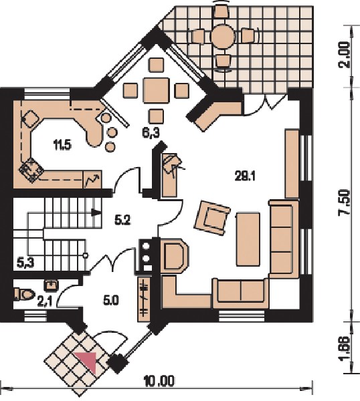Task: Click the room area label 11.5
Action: pyautogui.click(x=62, y=146)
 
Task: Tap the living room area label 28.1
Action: pyautogui.click(x=245, y=176)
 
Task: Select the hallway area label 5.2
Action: pyautogui.click(x=123, y=220)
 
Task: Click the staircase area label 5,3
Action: pyautogui.click(x=25, y=263)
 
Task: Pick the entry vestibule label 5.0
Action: pyautogui.click(x=111, y=301)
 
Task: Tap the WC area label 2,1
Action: pyautogui.click(x=45, y=302)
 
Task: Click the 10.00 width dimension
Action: pyautogui.click(x=159, y=381)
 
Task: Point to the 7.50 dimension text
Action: pyautogui.click(x=344, y=202)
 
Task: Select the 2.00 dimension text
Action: pyautogui.click(x=344, y=55)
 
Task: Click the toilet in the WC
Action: pyautogui.click(x=24, y=294)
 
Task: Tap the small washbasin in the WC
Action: pyautogui.click(x=52, y=285)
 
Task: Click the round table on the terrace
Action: pyautogui.click(x=223, y=36)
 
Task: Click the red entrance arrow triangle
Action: pyautogui.click(x=88, y=360)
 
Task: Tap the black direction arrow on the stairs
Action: pyautogui.click(x=96, y=213)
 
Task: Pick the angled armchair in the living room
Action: pyautogui.click(x=212, y=218)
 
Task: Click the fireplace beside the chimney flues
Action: pyautogui.click(x=174, y=255)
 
